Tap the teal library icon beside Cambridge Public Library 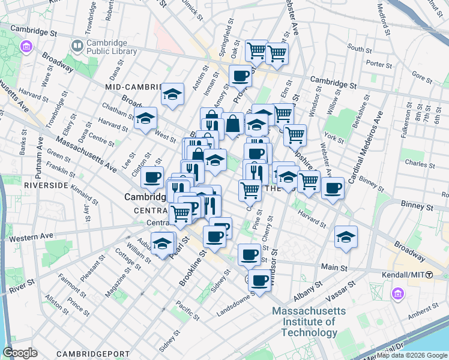point(77,45)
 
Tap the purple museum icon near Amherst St point(397,294)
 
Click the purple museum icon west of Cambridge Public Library point(25,46)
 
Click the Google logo point(20,353)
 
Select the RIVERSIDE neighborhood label point(46,185)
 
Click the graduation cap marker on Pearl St point(162,242)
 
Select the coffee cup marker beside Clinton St point(152,177)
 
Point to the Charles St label point(415,163)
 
